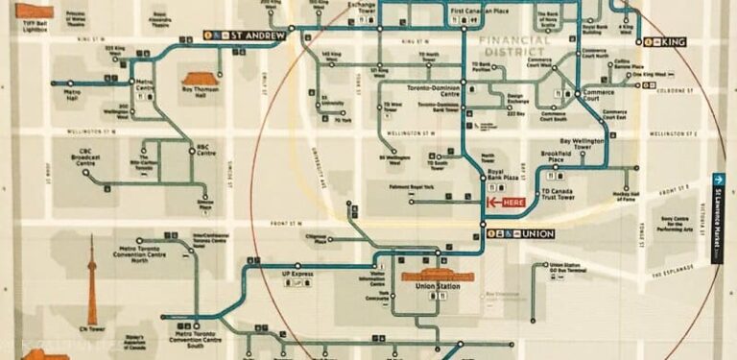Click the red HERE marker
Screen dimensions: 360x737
click(x=506, y=203)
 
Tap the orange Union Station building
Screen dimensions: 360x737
click(x=438, y=276)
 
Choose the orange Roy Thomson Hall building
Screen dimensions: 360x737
click(x=201, y=81)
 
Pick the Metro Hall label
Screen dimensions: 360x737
click(x=71, y=95)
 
